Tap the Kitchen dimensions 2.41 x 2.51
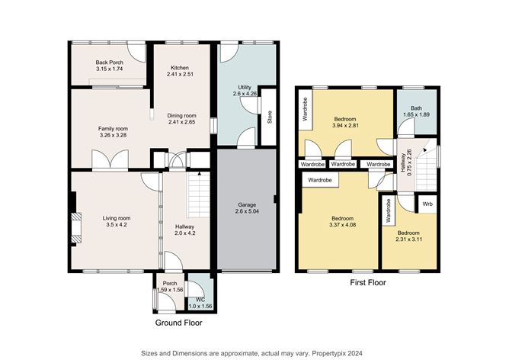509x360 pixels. [182, 75]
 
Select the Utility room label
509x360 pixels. [244, 88]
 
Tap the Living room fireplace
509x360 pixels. [74, 227]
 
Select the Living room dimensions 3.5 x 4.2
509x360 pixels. [117, 227]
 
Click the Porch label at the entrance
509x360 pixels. [170, 284]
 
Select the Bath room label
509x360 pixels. [416, 108]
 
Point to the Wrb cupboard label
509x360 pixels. [427, 204]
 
